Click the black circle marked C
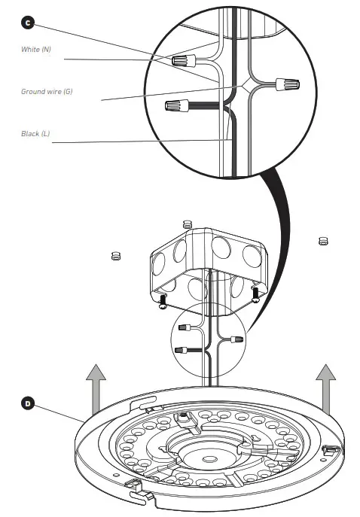(x=28, y=23)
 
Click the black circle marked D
(x=28, y=403)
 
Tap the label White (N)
(x=37, y=49)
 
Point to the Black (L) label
(x=35, y=133)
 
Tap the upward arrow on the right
(x=325, y=387)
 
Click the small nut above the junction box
(x=188, y=224)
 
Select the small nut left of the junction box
(x=116, y=256)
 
